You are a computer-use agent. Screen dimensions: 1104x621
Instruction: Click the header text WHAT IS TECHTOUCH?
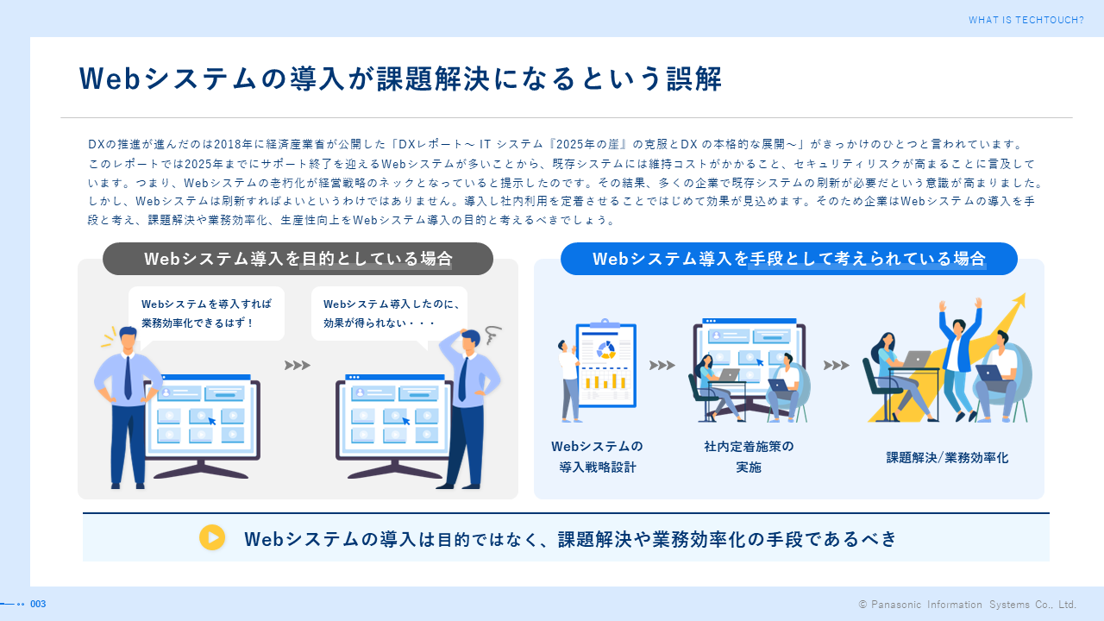click(1026, 20)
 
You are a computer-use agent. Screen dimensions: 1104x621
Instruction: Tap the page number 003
click(38, 604)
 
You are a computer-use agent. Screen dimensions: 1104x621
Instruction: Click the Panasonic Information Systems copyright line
click(967, 605)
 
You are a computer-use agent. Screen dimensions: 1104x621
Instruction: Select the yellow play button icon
click(212, 537)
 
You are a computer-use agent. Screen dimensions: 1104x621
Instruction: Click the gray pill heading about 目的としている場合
click(298, 259)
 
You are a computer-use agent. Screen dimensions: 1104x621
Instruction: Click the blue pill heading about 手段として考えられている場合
click(788, 259)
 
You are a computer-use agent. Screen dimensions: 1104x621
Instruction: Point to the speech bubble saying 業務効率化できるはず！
click(206, 313)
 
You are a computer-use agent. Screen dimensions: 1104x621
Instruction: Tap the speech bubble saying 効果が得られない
click(389, 313)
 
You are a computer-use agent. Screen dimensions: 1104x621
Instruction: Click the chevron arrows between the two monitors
click(298, 365)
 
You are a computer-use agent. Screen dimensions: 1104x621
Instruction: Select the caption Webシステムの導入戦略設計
click(598, 456)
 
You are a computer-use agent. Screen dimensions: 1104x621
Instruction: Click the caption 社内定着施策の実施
click(749, 456)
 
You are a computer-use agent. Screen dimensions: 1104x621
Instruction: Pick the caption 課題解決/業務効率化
click(947, 458)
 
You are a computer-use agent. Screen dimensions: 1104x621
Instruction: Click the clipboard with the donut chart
click(606, 365)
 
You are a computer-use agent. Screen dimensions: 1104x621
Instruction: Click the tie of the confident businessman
click(128, 377)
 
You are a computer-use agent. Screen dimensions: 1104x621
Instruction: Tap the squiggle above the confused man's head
click(492, 335)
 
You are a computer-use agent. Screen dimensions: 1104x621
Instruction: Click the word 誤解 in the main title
click(694, 78)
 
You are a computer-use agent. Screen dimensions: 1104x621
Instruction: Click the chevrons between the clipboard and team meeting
click(662, 365)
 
